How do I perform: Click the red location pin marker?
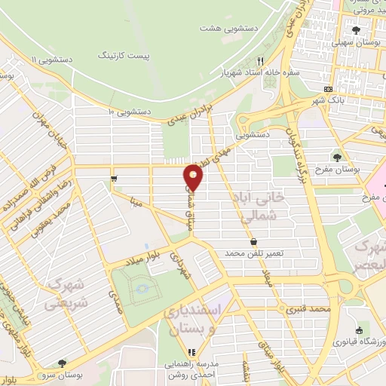click(x=193, y=177)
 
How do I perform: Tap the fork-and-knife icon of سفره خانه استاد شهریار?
click(x=261, y=62)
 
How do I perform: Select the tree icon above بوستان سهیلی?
click(x=356, y=30)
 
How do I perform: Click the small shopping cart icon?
click(x=113, y=179)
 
